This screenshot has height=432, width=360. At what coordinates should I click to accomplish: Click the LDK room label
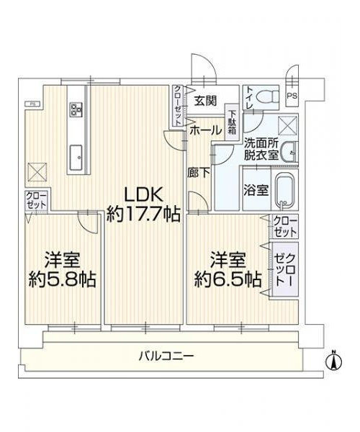point(143,195)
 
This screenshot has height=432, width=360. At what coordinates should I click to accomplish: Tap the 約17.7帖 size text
point(143,215)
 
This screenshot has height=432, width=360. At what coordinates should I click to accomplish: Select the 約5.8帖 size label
point(63,279)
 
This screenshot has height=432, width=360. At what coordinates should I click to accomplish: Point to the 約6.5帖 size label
point(228,279)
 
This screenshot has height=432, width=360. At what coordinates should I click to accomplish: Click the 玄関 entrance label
point(205,101)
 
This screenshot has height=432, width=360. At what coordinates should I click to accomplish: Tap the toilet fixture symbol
point(267,96)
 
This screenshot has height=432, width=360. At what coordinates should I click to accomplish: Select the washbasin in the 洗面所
point(289,152)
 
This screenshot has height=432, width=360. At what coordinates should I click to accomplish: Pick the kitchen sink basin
point(76,158)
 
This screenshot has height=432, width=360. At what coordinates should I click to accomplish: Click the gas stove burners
point(76,109)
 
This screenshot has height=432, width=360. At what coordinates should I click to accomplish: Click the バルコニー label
point(166,356)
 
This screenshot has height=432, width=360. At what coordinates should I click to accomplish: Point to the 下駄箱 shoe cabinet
point(233,122)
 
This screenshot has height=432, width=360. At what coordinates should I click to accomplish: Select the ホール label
point(206,130)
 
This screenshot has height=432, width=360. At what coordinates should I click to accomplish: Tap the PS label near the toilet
point(292,96)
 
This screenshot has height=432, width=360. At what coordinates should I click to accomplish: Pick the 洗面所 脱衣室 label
point(261,150)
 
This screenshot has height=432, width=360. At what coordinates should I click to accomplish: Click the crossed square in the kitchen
point(37,172)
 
